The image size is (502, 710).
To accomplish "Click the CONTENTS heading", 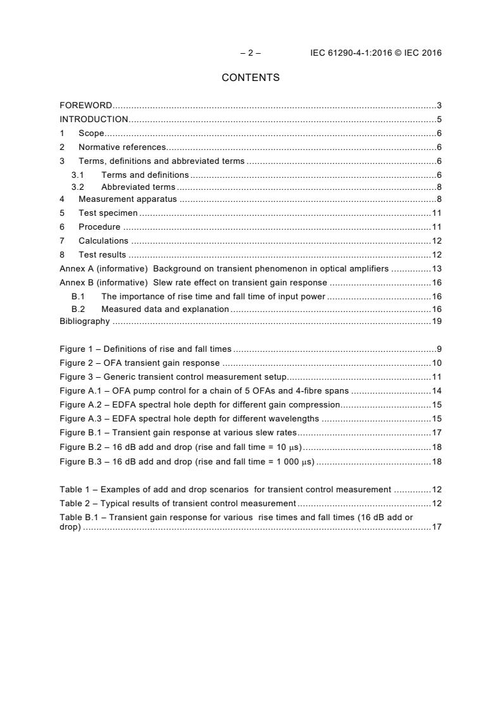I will coord(251,78).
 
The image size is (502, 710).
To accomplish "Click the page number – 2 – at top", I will coord(251,53).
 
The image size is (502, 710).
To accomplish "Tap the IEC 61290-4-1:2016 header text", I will coord(375,53).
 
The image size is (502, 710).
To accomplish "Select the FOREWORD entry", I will coord(85,105).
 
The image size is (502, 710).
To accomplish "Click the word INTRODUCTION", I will coord(94,119).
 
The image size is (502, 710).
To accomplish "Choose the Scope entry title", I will coord(91,133).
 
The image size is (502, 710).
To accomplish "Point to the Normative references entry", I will coord(122,147).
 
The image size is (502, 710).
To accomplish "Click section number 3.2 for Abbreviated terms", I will coord(77,187).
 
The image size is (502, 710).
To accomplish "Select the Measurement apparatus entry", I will coord(127,199).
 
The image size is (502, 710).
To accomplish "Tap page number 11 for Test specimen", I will coord(436,213).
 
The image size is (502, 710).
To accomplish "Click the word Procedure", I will coord(99,227).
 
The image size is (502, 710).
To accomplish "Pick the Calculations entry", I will coord(103,240).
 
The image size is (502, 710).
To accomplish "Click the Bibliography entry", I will coord(85,321).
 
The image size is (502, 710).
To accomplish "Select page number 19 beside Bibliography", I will coord(436,321).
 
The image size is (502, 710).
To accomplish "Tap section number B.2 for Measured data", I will coord(78,309).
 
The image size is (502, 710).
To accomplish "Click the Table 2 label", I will coord(76,503).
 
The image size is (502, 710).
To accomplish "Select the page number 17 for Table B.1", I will coord(436,526).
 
